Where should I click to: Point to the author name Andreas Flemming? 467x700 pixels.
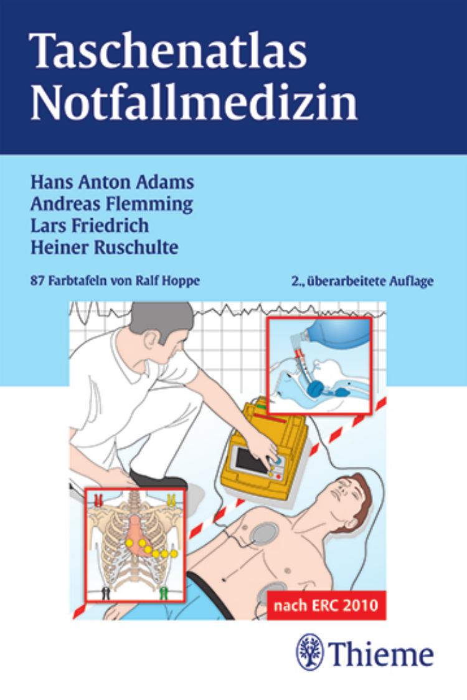pyautogui.click(x=111, y=204)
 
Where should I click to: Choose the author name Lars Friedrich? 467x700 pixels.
pyautogui.click(x=90, y=226)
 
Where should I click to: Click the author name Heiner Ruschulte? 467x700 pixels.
pyautogui.click(x=104, y=247)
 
